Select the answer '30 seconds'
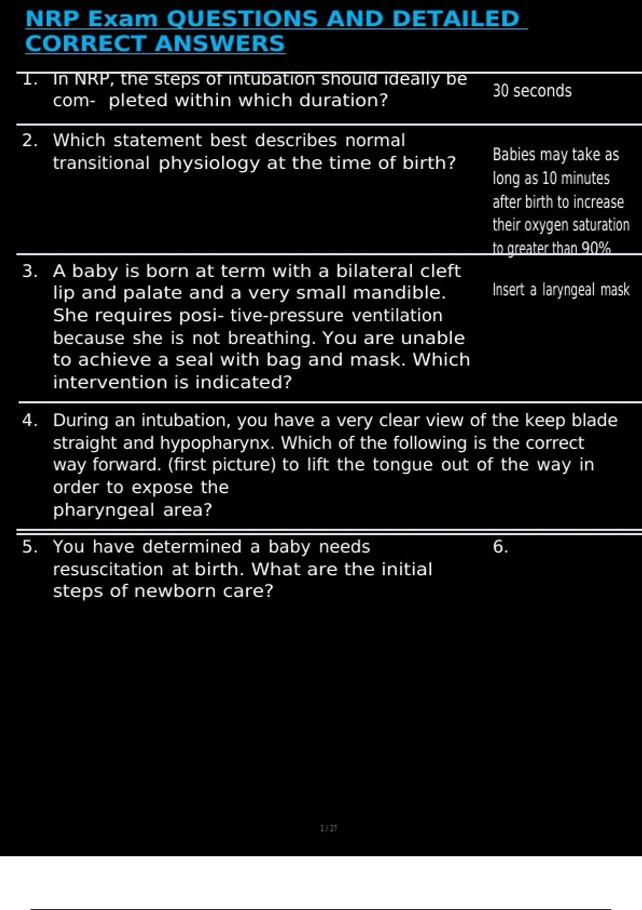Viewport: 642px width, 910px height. click(x=532, y=91)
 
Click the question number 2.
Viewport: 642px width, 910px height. click(x=29, y=140)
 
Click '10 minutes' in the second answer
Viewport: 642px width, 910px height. click(x=576, y=178)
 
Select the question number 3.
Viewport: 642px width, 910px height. click(x=29, y=271)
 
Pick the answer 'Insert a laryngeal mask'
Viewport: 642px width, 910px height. click(x=561, y=290)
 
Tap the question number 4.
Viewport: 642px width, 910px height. click(x=29, y=420)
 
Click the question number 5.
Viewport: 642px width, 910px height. click(x=29, y=547)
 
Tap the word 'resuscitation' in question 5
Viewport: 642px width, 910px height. click(x=108, y=569)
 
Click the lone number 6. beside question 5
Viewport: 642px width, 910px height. click(x=500, y=547)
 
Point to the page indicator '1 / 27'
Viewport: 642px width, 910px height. click(x=328, y=828)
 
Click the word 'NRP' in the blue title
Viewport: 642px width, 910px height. click(x=52, y=19)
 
